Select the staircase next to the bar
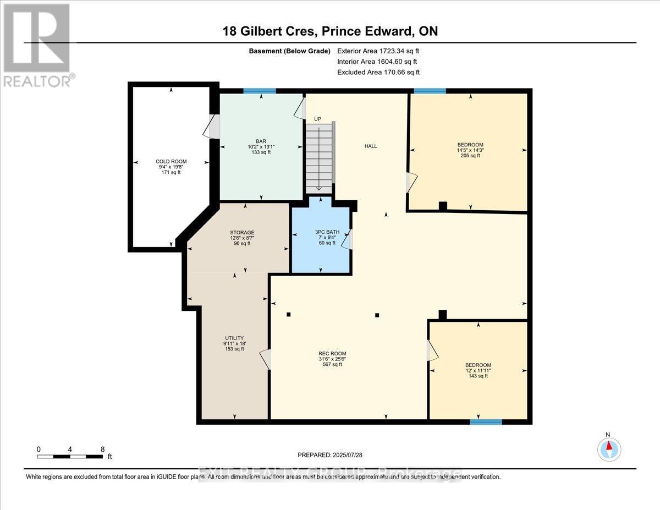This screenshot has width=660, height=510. point(319,158)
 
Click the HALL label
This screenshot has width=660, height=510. point(370,146)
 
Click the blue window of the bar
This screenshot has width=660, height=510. point(260,91)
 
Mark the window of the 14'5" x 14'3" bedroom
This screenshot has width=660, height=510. point(430,91)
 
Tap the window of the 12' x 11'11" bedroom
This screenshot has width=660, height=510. point(486,422)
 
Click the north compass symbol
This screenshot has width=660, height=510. point(609,448)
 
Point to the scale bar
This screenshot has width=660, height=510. point(70,456)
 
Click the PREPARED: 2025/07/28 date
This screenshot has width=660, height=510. point(330,455)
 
